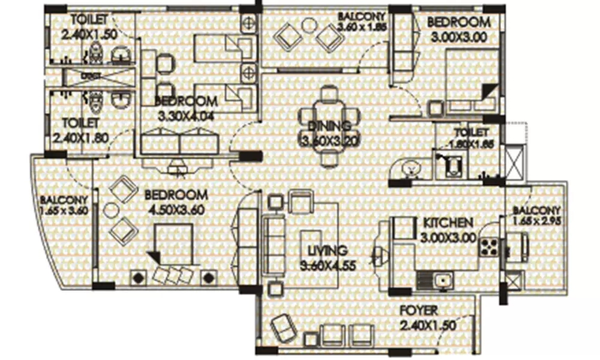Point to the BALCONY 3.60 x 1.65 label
click(x=360, y=22)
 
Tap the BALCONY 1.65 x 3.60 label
click(x=64, y=205)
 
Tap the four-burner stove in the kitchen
click(x=488, y=247)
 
